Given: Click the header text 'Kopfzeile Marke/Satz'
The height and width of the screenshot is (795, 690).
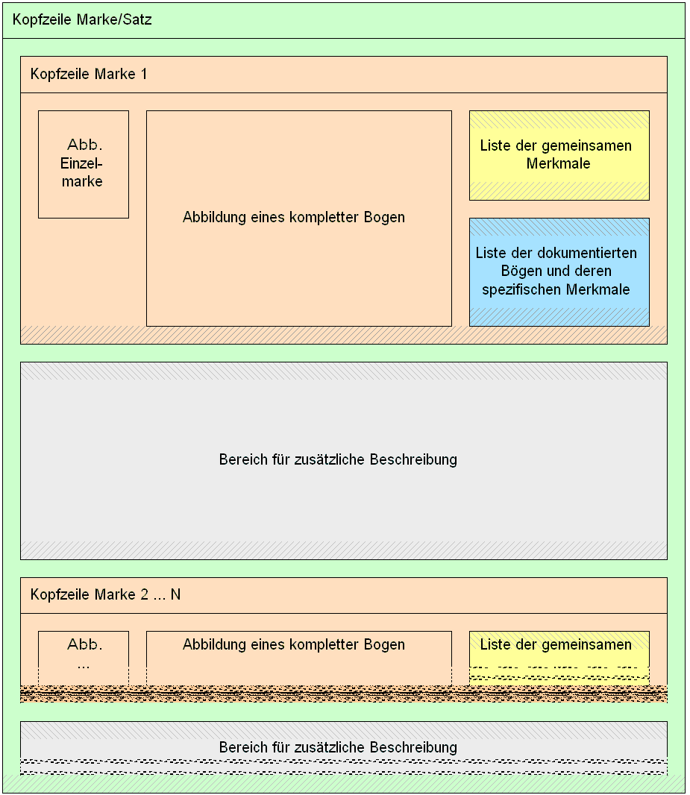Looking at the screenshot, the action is click(x=82, y=20).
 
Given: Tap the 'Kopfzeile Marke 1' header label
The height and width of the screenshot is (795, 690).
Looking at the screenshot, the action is click(x=89, y=74).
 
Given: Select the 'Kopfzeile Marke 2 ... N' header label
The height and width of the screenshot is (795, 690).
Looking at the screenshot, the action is click(x=105, y=594).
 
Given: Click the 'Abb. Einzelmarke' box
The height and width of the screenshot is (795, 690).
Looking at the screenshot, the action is click(x=84, y=164).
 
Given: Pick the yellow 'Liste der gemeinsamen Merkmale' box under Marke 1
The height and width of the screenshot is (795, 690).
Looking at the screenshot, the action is click(x=559, y=155).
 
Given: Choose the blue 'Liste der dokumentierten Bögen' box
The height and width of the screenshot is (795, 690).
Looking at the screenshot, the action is click(x=559, y=271).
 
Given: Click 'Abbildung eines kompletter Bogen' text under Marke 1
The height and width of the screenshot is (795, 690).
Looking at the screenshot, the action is click(x=294, y=217).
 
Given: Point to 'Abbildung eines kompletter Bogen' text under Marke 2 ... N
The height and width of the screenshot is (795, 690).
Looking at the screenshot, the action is click(x=294, y=644).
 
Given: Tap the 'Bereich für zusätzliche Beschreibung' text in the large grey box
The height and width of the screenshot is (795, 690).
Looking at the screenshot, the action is click(x=338, y=459).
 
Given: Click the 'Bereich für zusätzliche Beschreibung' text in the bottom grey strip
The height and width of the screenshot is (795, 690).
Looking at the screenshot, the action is click(x=338, y=747).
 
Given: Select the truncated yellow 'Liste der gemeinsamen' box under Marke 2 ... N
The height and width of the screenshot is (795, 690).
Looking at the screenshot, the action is click(x=559, y=658).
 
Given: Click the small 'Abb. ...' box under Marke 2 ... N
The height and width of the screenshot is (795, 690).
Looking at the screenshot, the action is click(x=84, y=658).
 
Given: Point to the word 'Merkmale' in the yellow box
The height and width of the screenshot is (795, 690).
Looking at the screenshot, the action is click(x=558, y=163).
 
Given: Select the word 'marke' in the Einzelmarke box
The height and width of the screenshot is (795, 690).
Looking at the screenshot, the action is click(x=82, y=181).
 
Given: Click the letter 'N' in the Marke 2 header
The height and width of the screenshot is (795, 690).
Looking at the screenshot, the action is click(x=175, y=594).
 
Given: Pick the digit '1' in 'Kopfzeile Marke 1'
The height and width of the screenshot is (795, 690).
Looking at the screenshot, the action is click(x=144, y=74).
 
